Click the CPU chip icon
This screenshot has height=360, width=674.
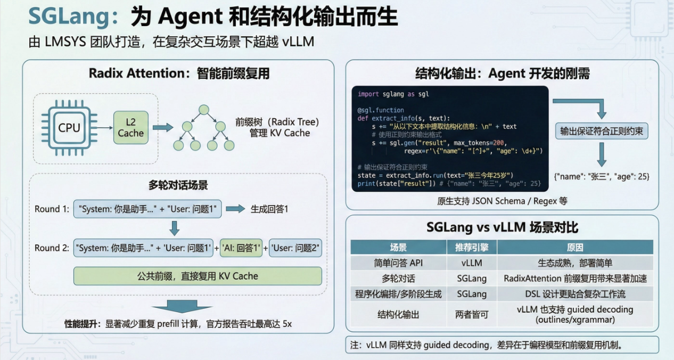(69, 127)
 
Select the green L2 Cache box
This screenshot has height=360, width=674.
(130, 127)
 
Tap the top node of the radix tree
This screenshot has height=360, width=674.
(202, 110)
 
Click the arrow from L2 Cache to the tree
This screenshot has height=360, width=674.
(162, 127)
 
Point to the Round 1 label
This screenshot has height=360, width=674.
(52, 209)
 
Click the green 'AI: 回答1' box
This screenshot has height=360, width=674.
(241, 248)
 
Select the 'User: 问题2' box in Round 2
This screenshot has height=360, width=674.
(295, 248)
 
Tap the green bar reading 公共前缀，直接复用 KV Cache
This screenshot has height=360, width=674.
(198, 276)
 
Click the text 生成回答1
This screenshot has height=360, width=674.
(269, 209)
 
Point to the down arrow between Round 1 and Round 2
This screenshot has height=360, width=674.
(174, 228)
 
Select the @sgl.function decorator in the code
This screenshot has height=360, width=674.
(380, 110)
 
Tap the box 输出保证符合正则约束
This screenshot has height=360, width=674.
(602, 131)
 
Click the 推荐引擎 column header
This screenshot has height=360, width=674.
(471, 247)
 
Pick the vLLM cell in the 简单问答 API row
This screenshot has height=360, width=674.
(471, 263)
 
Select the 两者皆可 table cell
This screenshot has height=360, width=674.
(471, 314)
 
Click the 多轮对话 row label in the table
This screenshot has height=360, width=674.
(398, 278)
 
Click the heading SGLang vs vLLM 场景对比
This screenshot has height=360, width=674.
(502, 227)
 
